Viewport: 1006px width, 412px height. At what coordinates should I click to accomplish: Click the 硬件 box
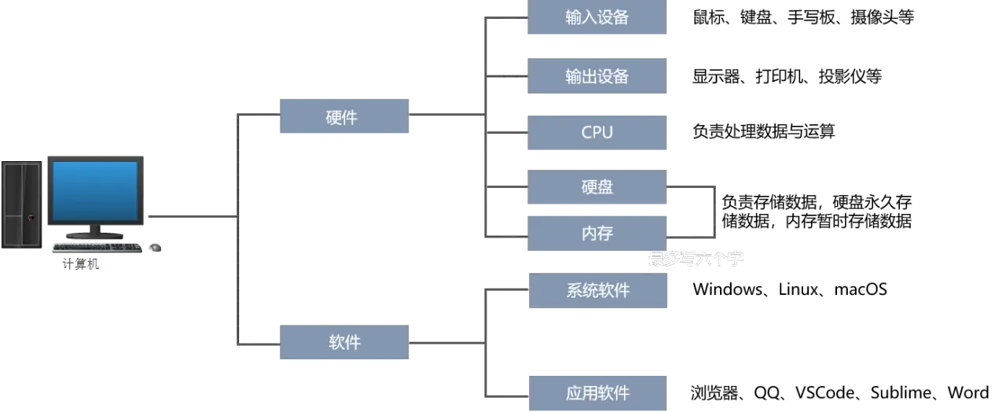344,116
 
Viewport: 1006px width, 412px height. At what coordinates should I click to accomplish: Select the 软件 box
344,342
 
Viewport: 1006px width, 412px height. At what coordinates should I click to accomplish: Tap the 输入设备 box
597,17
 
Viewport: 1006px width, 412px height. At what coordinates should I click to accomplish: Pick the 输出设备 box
597,76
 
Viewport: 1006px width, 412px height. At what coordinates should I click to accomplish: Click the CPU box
597,133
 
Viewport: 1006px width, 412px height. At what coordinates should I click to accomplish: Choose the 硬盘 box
597,187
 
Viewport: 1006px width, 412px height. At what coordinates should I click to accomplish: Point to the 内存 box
597,234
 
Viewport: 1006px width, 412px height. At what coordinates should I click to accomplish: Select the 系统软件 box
598,290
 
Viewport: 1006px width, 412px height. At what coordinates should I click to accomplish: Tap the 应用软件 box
598,393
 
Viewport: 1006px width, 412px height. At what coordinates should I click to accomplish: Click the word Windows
727,289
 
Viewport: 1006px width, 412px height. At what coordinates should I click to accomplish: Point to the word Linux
798,289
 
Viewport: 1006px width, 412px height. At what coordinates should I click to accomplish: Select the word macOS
861,289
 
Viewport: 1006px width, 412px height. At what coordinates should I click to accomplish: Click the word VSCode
825,392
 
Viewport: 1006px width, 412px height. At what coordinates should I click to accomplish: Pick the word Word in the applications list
967,392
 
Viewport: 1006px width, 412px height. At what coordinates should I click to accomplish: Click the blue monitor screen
95,190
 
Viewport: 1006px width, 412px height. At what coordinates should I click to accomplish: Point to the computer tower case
21,205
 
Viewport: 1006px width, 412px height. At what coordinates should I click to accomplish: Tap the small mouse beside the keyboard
155,247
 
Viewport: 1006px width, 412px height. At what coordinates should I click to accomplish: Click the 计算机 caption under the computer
80,263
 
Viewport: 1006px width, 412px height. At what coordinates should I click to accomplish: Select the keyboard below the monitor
97,247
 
